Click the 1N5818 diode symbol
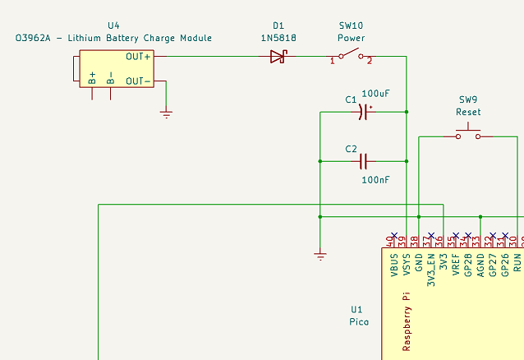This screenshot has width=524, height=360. pyautogui.click(x=278, y=57)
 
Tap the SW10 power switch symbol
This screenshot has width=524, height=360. pyautogui.click(x=351, y=57)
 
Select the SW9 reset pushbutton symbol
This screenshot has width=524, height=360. pyautogui.click(x=468, y=133)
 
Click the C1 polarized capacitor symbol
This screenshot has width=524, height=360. pyautogui.click(x=364, y=112)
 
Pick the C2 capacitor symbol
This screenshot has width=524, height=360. pyautogui.click(x=364, y=161)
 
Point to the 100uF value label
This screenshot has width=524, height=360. pyautogui.click(x=375, y=94)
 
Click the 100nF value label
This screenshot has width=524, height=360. pyautogui.click(x=375, y=179)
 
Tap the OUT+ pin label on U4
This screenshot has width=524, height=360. pyautogui.click(x=138, y=57)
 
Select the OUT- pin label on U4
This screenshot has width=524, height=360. pyautogui.click(x=138, y=81)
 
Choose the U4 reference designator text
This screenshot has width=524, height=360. pyautogui.click(x=113, y=25)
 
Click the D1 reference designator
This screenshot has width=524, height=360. pyautogui.click(x=278, y=25)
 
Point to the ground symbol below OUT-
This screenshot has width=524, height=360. pyautogui.click(x=167, y=114)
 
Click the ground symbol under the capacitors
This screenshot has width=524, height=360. pyautogui.click(x=320, y=256)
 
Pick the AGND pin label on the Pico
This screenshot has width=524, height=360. pyautogui.click(x=480, y=264)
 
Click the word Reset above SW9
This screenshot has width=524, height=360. pyautogui.click(x=469, y=112)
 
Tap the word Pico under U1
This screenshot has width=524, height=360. pyautogui.click(x=359, y=321)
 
